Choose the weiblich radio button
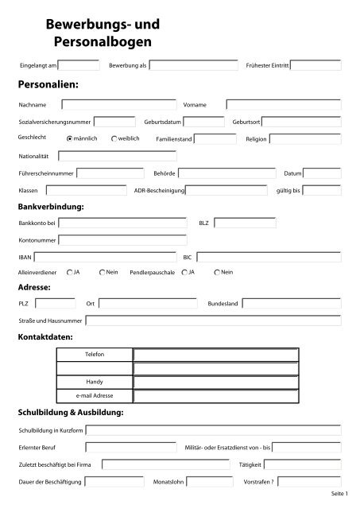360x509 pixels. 114,138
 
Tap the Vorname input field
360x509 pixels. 283,103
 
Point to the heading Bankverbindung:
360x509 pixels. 51,207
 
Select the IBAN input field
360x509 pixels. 108,257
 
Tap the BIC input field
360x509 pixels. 268,257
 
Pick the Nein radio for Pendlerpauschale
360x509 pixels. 218,273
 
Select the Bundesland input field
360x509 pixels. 291,303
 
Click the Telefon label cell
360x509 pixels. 95,354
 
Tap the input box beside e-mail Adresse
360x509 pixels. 216,395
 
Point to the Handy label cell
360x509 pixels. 95,382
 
